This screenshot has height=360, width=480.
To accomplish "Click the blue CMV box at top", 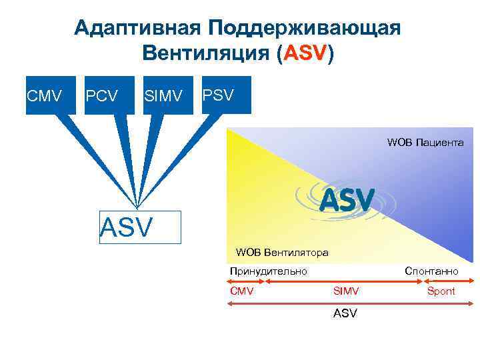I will (43, 95).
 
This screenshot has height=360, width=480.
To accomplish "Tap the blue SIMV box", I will (162, 95).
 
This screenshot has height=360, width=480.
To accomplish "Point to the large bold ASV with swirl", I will (347, 198).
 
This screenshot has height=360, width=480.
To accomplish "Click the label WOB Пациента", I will (425, 143).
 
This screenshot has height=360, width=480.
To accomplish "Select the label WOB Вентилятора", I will (282, 252).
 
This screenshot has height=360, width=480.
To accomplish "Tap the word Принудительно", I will (268, 271).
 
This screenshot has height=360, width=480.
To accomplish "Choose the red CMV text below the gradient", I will (241, 291).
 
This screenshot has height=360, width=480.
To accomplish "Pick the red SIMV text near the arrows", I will (346, 291).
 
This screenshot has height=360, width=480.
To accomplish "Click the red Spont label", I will (441, 291).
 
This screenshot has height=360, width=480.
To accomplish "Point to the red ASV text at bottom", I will (345, 312).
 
